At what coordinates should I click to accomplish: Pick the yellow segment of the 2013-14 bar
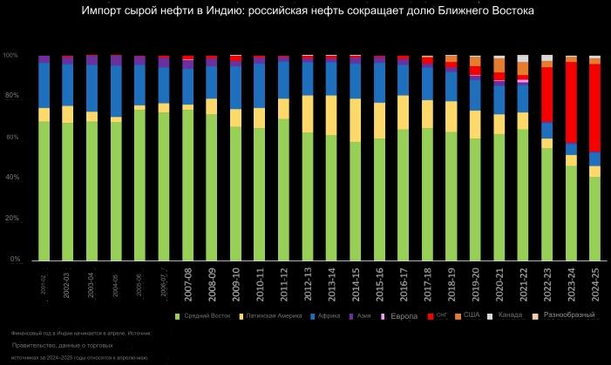[x=330, y=115]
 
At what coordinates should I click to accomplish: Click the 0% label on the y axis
[x=14, y=260]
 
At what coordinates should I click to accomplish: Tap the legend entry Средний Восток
[x=206, y=316]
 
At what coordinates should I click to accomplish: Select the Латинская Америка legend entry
[x=274, y=316]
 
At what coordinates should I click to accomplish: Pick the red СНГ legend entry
[x=441, y=315]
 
